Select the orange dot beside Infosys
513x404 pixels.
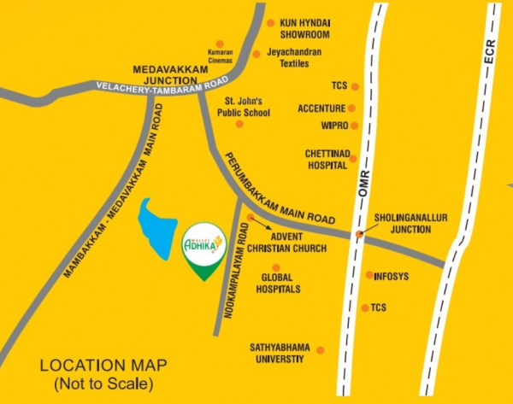coord(369,275)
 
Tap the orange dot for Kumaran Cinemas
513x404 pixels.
coord(220,44)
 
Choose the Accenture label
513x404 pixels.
coord(321,108)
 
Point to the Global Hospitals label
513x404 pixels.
coord(281,284)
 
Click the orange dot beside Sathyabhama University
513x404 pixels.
coord(321,349)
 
